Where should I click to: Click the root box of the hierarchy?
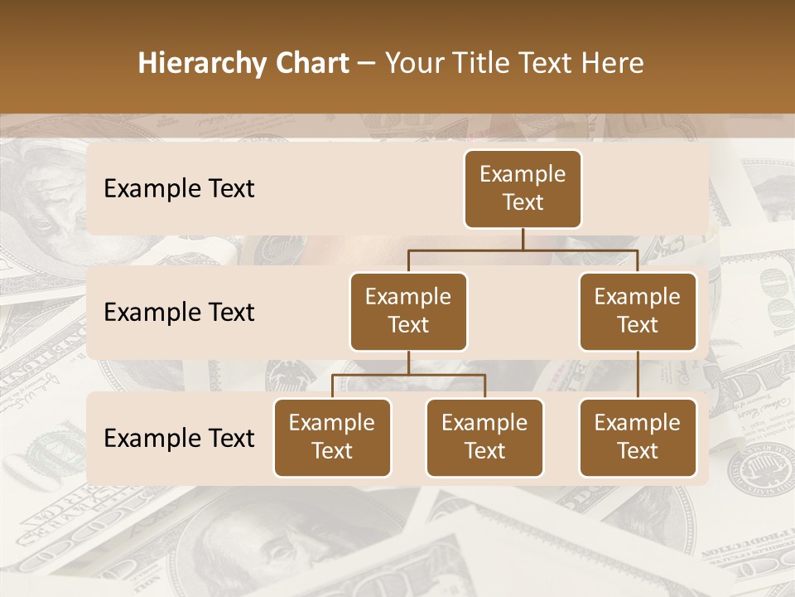click(523, 189)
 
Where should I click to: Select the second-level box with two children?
click(408, 312)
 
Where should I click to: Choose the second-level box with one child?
click(638, 312)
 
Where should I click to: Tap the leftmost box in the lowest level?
click(332, 438)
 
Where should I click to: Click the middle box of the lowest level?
click(484, 438)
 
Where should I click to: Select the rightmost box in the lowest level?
click(638, 438)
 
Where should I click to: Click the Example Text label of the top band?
click(179, 189)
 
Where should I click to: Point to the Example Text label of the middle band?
click(179, 313)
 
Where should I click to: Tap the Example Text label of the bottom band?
click(179, 438)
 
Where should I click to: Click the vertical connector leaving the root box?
click(523, 239)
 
